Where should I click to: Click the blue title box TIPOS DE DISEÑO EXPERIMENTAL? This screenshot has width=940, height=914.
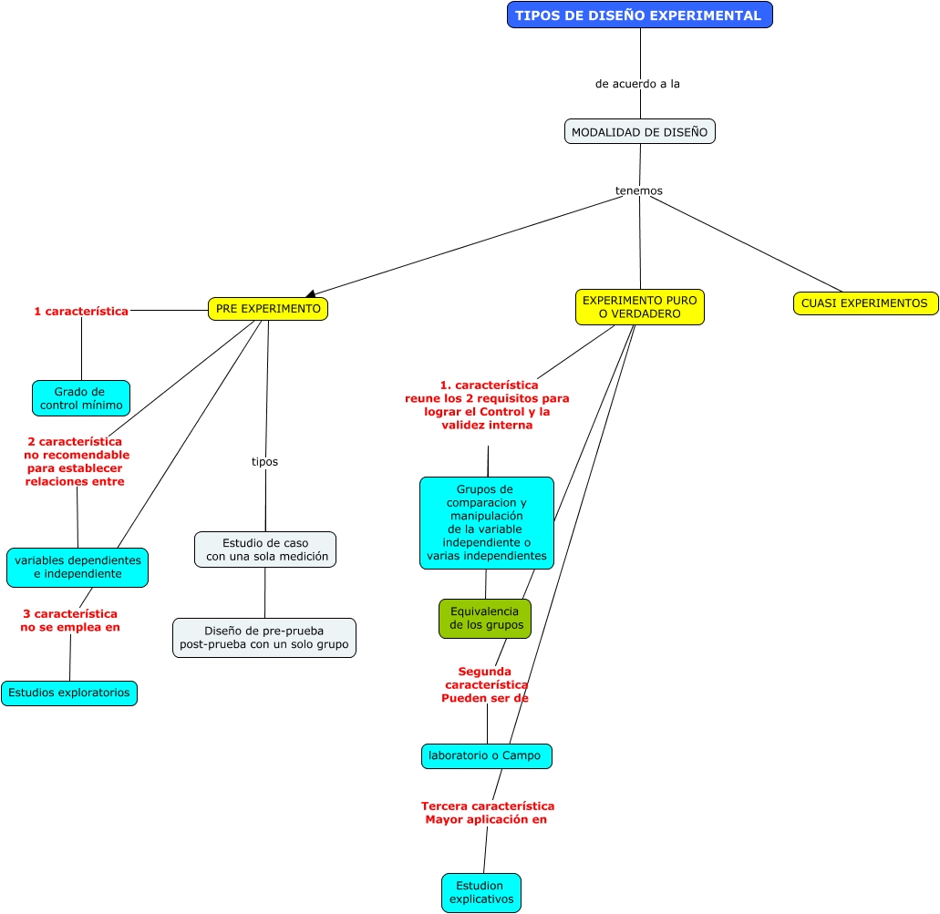coord(639,15)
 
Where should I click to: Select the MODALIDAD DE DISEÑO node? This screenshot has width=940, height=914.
coord(639,131)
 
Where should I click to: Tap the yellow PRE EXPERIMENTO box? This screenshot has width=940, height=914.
coord(267,309)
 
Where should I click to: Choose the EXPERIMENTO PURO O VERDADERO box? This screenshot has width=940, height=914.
coord(639,307)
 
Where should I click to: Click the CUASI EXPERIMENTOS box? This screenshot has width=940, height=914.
coord(864,303)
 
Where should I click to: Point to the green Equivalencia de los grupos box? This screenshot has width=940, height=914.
coord(484,619)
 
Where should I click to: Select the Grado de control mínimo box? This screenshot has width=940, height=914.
coord(81,398)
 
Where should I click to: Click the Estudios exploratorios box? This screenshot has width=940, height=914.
coord(69,693)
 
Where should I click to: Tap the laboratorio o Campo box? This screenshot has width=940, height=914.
coord(486,755)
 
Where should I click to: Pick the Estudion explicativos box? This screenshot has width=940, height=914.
coord(480,892)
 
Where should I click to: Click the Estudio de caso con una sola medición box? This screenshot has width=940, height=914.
coord(265,549)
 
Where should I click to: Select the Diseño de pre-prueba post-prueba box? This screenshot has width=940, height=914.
coord(264,638)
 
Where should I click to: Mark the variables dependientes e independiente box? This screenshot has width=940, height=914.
coord(77,568)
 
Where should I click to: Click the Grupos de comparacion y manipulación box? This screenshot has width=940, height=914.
coord(486,523)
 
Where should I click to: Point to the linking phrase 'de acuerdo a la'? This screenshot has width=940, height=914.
coord(637,84)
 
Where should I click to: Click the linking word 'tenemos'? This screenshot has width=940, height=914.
coord(638,190)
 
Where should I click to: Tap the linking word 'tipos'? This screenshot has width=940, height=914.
coord(264,462)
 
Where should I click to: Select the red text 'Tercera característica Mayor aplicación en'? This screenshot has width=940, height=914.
coord(487,813)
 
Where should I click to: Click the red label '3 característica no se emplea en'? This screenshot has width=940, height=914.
coord(70,621)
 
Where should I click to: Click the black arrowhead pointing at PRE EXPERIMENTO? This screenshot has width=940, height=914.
coord(311,293)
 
